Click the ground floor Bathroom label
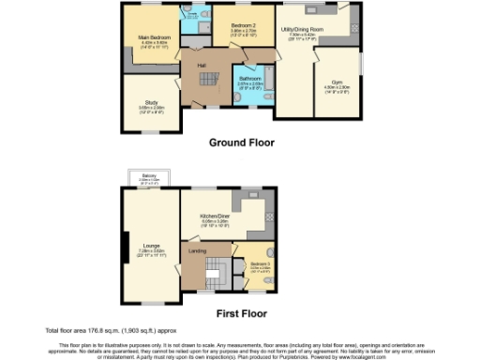249,78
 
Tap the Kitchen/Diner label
216,215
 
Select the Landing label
198,251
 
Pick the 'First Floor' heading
241,313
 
